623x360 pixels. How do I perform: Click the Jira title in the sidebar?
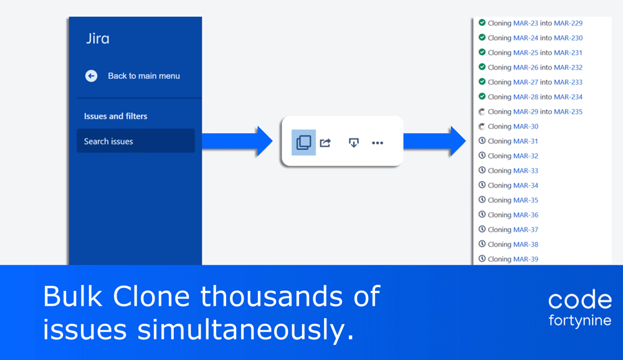98,39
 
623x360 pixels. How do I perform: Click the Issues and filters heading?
116,116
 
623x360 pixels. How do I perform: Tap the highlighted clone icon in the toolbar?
303,142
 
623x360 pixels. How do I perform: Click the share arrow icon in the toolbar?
325,142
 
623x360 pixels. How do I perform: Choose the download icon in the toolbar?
354,143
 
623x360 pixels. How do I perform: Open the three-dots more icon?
378,143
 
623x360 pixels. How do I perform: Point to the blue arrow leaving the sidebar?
237,141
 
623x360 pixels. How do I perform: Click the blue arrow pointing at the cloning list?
435,141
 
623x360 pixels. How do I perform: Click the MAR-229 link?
568,23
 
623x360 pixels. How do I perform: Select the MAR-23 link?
526,23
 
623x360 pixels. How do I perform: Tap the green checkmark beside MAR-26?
482,67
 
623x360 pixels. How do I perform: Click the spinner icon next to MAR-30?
482,126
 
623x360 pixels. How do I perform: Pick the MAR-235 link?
568,111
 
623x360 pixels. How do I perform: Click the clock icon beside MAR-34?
482,185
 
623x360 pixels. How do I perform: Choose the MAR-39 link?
526,259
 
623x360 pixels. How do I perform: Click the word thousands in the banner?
272,296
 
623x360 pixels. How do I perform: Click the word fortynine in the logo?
579,320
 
